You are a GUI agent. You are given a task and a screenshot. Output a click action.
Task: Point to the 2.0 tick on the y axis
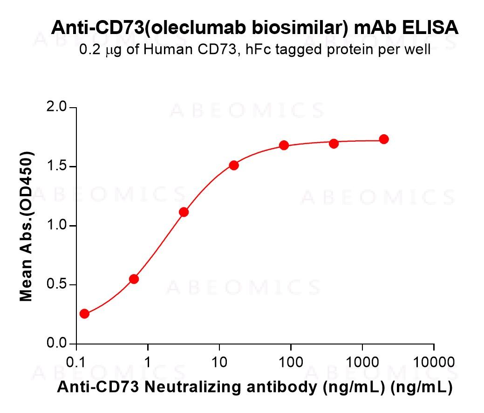coord(57,108)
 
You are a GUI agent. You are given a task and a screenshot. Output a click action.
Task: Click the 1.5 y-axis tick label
coord(57,167)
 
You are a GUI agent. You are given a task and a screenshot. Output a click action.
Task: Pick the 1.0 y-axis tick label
coord(57,226)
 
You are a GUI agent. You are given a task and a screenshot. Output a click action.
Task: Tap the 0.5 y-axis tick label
coord(57,285)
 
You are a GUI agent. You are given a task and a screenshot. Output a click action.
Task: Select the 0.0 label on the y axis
coord(57,344)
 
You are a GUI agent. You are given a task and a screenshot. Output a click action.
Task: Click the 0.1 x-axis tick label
coord(76,362)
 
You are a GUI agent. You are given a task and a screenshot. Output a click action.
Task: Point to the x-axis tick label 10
coord(219,362)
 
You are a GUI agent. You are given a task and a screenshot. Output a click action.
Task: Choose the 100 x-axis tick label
coord(291,362)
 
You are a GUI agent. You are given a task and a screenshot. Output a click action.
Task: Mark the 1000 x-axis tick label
coord(362,362)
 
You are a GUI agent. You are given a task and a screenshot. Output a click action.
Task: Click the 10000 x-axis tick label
coord(434,362)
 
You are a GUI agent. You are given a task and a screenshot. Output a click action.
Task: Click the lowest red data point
coord(84,314)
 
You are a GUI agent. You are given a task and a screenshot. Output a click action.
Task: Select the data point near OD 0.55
coord(134,279)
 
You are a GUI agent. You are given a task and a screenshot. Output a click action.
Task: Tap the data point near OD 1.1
coord(184,212)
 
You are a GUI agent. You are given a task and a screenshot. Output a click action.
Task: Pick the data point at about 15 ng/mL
coord(234,165)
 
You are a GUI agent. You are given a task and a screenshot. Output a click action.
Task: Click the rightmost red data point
coord(384,139)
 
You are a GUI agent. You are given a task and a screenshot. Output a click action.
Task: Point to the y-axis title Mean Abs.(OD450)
coord(27,226)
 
